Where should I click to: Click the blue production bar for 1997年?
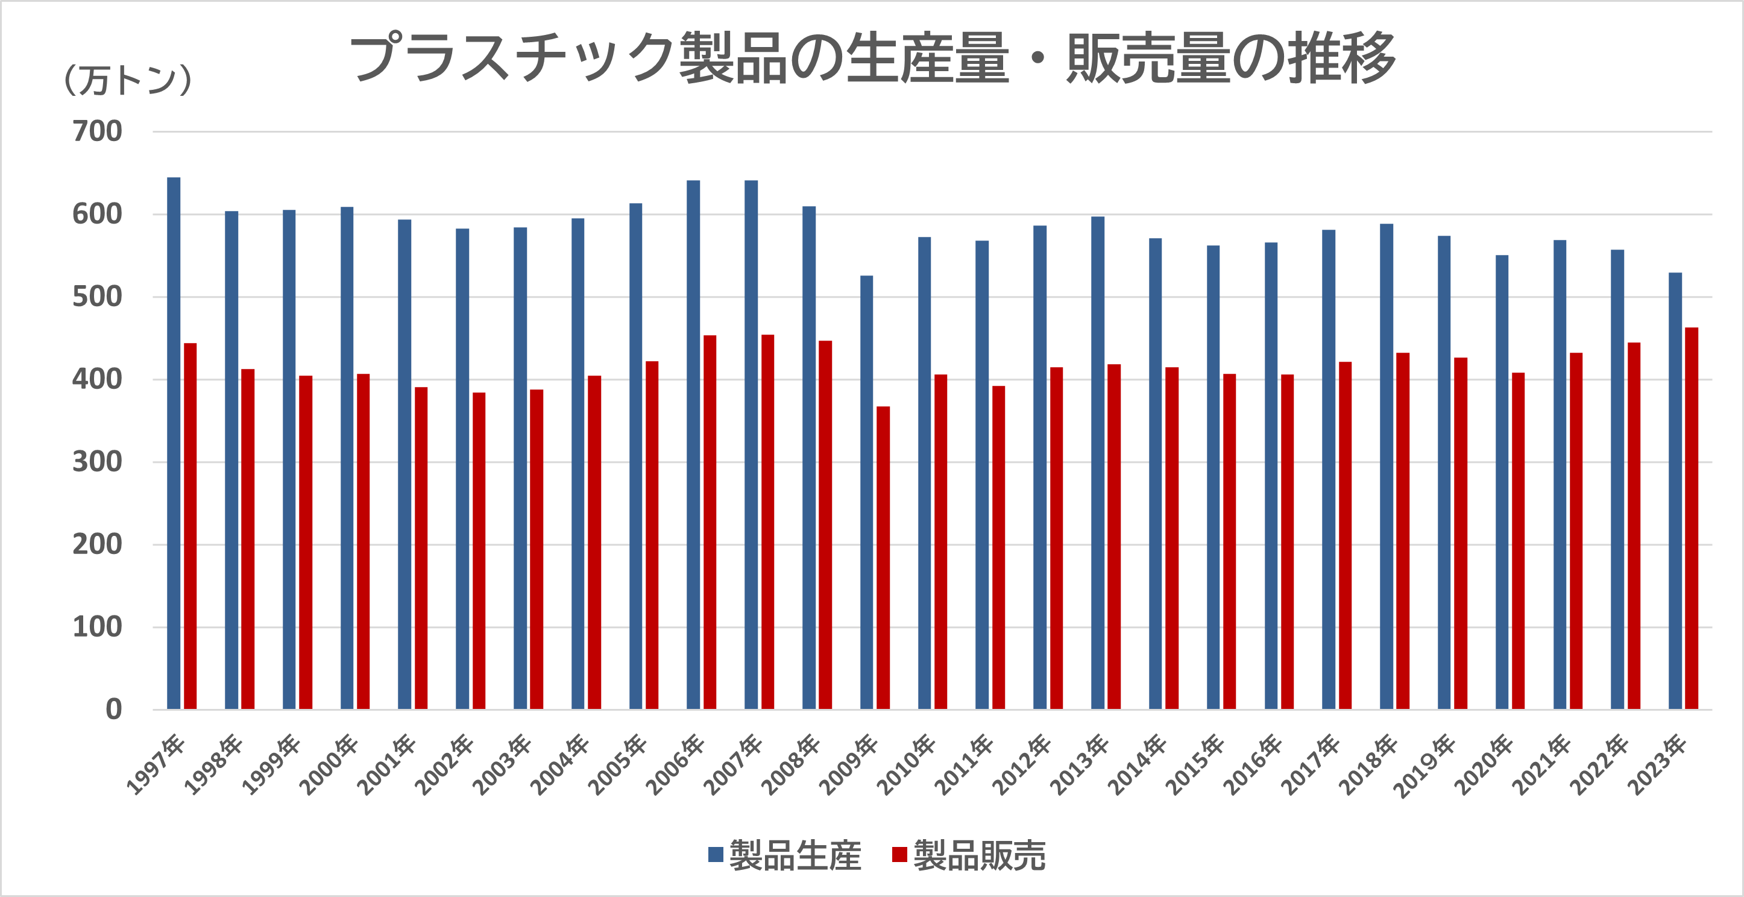tap(174, 444)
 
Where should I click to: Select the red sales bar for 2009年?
tap(883, 558)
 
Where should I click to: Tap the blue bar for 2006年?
tap(693, 445)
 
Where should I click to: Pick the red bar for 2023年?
tap(1691, 518)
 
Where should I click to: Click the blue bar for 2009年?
tap(867, 492)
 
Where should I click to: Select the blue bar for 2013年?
tap(1097, 463)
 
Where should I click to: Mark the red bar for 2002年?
tap(479, 551)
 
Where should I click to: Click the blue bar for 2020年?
tap(1502, 482)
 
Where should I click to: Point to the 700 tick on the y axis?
tap(98, 131)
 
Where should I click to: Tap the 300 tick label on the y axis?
tap(98, 462)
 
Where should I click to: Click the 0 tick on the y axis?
tap(114, 710)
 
